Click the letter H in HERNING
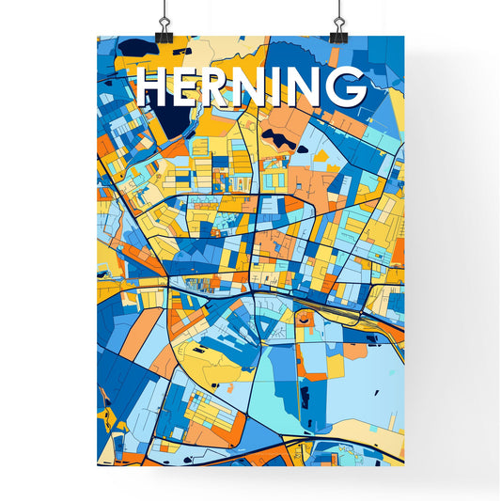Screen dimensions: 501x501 (x=154, y=87)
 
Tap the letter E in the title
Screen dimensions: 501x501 (x=189, y=87)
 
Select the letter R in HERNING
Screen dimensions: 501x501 (x=222, y=87)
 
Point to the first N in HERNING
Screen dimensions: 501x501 (x=258, y=87)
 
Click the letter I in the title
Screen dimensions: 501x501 (x=285, y=87)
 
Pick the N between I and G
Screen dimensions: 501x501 (x=308, y=87)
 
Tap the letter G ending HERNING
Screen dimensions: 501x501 (x=346, y=87)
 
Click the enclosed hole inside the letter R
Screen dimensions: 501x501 (x=223, y=81)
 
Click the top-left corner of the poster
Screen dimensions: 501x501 (x=98, y=37)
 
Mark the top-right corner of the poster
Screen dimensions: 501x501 (x=405, y=37)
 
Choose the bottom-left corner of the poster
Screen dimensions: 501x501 (x=98, y=465)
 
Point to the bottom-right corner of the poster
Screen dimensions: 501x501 (x=405, y=465)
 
